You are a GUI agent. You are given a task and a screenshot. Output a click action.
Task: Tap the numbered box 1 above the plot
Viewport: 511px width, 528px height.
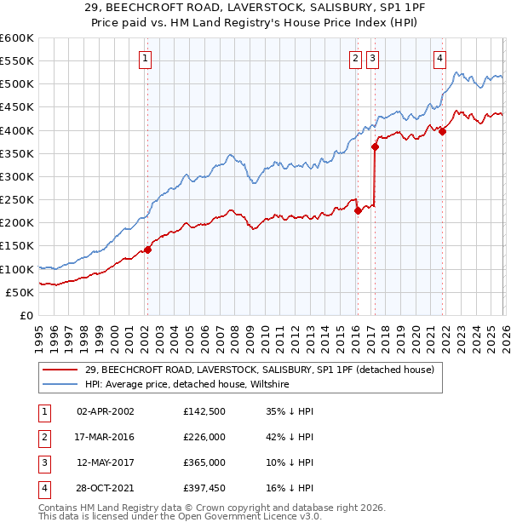[146, 59]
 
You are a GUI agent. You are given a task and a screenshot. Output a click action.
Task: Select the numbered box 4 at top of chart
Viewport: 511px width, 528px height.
[439, 59]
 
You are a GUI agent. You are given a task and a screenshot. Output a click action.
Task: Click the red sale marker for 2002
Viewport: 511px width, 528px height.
[147, 250]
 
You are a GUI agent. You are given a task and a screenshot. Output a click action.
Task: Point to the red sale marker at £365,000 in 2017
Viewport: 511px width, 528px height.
[375, 146]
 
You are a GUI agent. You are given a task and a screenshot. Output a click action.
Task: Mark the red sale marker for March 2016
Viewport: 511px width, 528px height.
[358, 211]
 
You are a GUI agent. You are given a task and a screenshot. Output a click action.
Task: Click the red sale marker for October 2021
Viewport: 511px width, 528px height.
[442, 131]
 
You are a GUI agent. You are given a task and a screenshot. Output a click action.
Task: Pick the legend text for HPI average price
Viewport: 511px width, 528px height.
[187, 385]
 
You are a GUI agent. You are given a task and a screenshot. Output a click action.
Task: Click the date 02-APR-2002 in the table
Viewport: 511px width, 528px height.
[106, 411]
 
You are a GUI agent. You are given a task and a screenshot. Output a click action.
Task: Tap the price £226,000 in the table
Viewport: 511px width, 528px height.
[204, 437]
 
